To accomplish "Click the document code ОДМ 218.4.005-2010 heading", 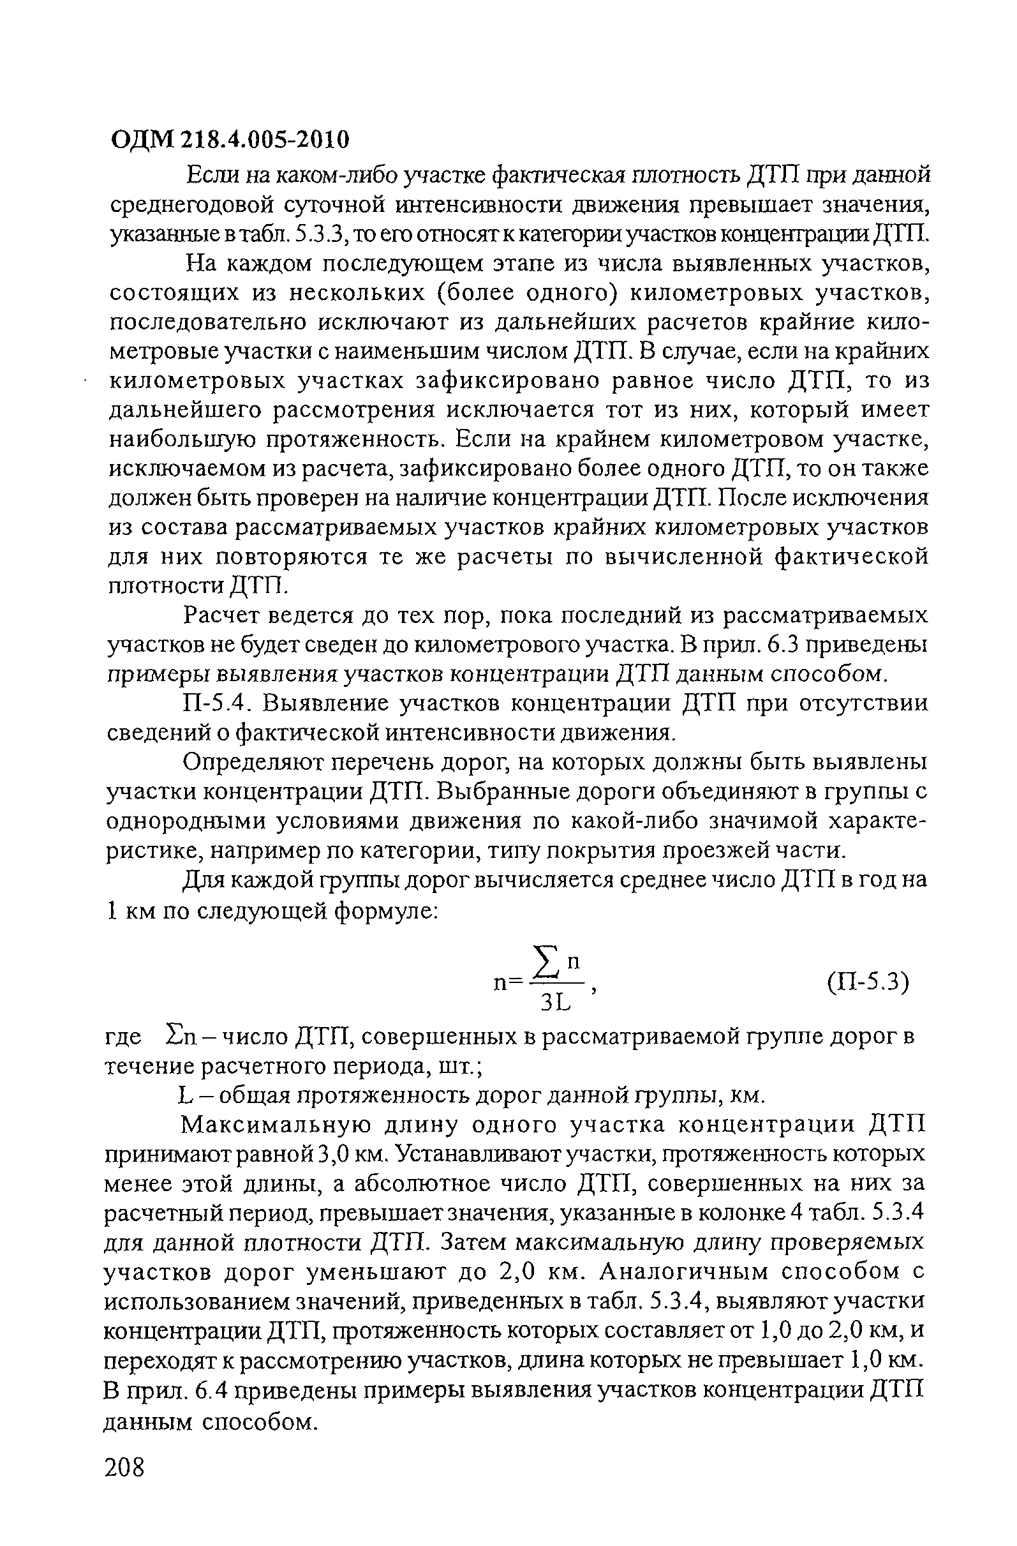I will tap(230, 139).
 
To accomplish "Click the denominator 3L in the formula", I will tap(555, 1003).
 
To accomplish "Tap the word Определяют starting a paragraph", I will tap(250, 762).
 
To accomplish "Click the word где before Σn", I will tap(122, 1037).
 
